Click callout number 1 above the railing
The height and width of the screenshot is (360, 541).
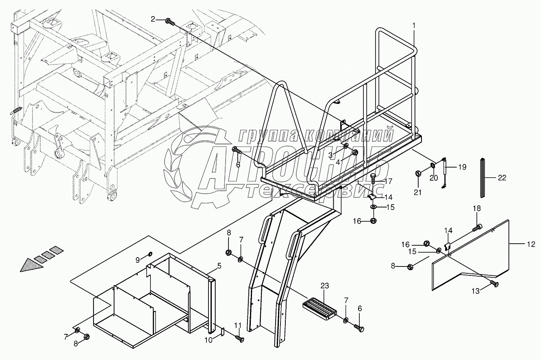click(414, 25)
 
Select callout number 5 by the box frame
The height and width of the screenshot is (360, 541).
click(219, 266)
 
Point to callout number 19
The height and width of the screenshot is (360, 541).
click(462, 167)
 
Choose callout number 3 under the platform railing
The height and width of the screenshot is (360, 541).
click(331, 155)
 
